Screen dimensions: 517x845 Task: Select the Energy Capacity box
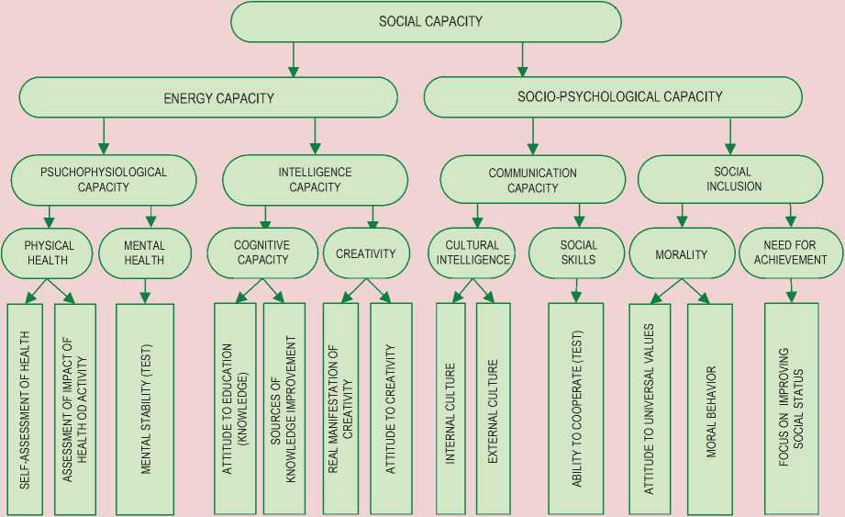pyautogui.click(x=208, y=97)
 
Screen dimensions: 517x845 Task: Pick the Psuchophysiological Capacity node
pyautogui.click(x=104, y=179)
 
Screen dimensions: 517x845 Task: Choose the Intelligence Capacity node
pyautogui.click(x=315, y=179)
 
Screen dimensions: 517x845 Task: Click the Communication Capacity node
pyautogui.click(x=532, y=180)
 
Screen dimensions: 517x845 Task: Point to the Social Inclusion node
pyautogui.click(x=731, y=178)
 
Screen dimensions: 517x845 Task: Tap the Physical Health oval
pyautogui.click(x=50, y=253)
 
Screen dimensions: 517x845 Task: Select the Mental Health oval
pyautogui.click(x=144, y=253)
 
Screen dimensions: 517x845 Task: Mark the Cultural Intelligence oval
pyautogui.click(x=472, y=253)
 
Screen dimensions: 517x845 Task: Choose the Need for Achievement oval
pyautogui.click(x=790, y=253)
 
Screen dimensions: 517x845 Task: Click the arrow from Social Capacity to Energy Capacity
pyautogui.click(x=293, y=60)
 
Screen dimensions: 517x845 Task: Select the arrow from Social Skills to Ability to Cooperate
pyautogui.click(x=576, y=289)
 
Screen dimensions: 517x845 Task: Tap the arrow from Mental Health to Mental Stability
pyautogui.click(x=144, y=289)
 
